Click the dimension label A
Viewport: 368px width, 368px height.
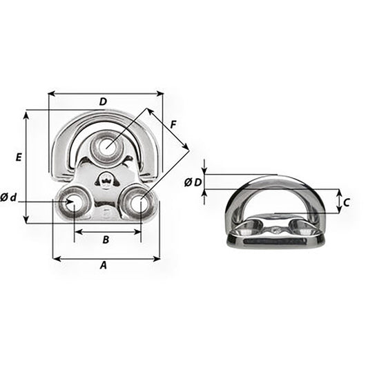coord(104,264)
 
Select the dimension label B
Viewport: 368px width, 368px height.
coord(105,240)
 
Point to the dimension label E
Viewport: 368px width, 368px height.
coord(19,157)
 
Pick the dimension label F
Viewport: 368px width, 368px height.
coord(173,124)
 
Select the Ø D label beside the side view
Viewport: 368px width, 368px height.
coord(193,182)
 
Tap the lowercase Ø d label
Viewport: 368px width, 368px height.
coord(9,198)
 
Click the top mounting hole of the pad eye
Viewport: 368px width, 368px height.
coord(106,146)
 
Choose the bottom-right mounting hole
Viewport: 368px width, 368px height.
coord(138,203)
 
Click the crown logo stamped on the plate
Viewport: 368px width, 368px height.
coord(106,182)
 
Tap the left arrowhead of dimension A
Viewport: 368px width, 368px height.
coord(55,259)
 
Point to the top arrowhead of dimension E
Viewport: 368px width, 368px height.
coord(27,113)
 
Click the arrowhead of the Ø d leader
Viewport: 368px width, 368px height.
coord(68,202)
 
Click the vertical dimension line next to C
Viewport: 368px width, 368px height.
coord(338,202)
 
